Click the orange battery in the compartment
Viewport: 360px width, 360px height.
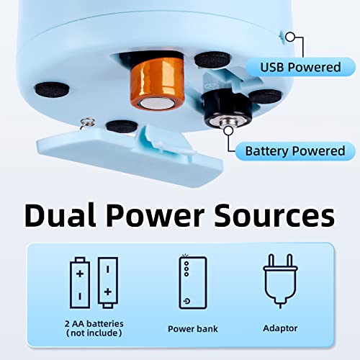(x=149, y=84)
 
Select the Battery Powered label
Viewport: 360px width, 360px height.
(x=294, y=151)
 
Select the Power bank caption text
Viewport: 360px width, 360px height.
(x=192, y=328)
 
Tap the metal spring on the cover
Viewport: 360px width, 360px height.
(x=87, y=121)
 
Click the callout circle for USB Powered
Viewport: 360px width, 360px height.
(x=291, y=37)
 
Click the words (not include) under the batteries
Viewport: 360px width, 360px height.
(x=94, y=334)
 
